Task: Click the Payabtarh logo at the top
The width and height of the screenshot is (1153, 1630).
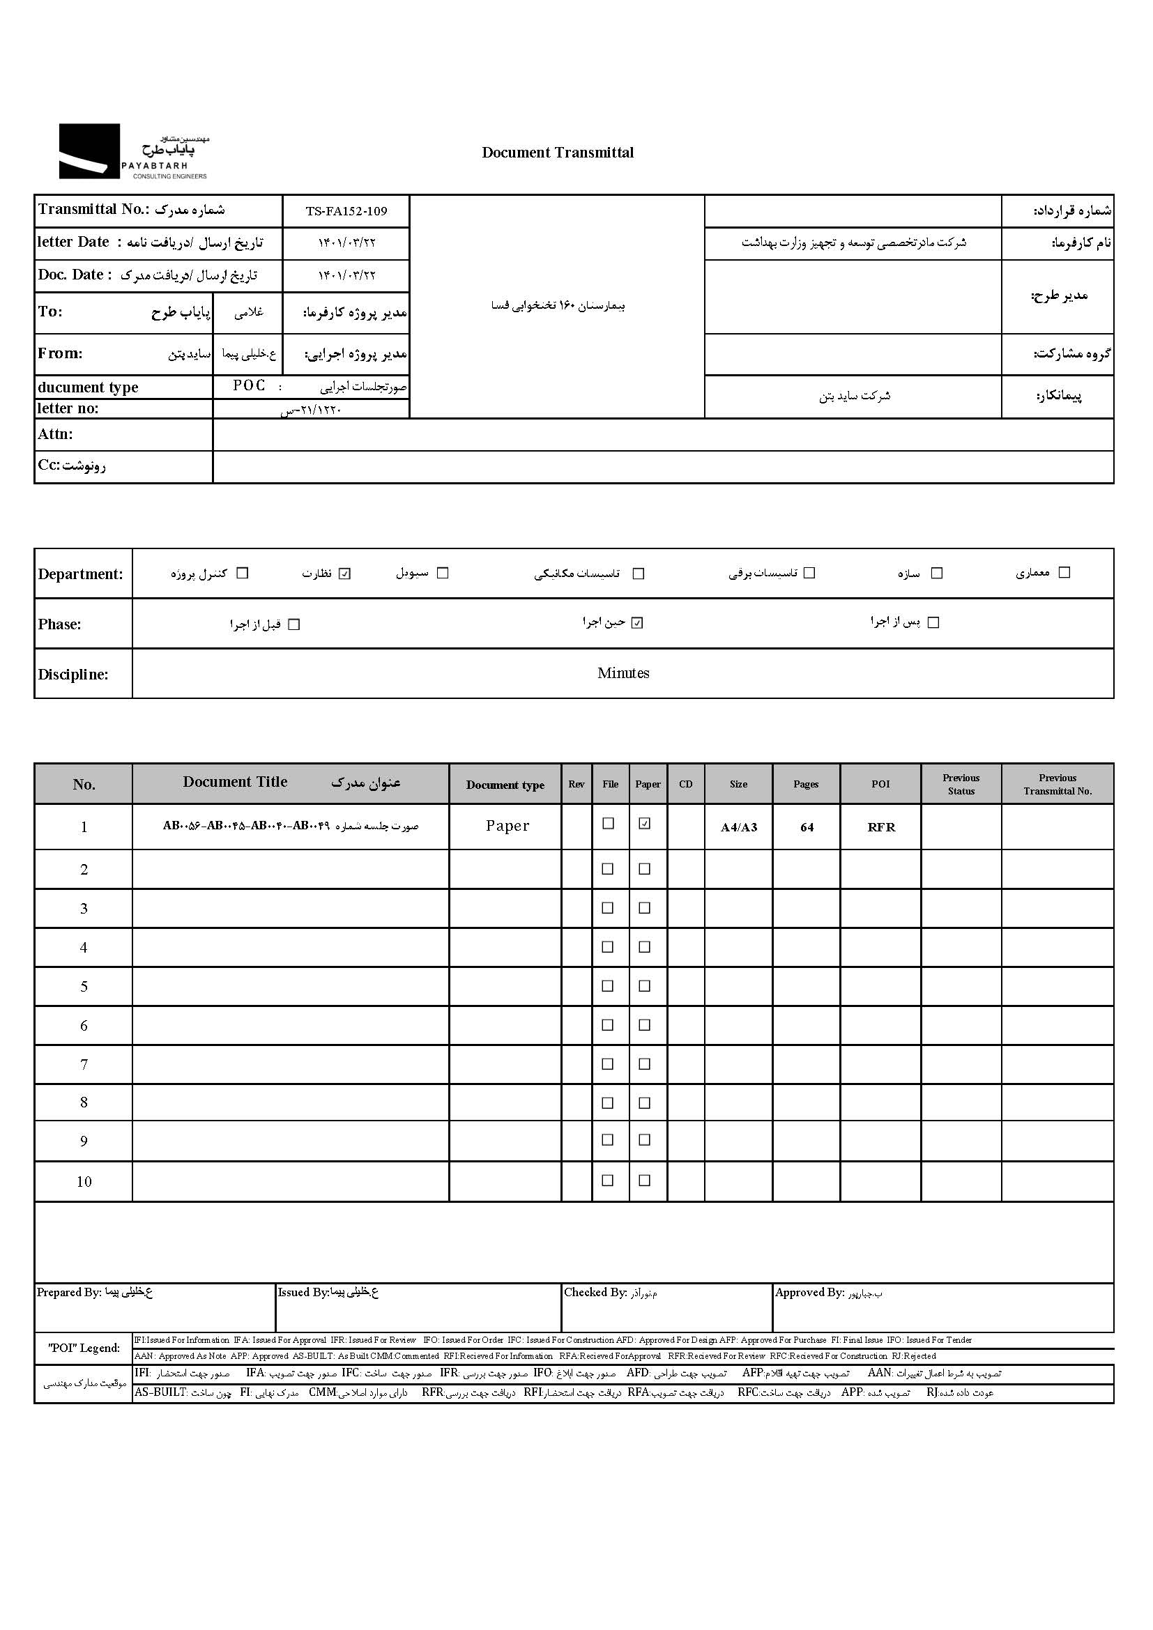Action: pyautogui.click(x=132, y=151)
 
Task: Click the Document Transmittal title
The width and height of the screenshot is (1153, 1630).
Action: pyautogui.click(x=558, y=153)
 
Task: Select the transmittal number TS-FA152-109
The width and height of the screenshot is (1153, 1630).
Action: pyautogui.click(x=346, y=211)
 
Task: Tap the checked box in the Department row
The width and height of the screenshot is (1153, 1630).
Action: pyautogui.click(x=345, y=574)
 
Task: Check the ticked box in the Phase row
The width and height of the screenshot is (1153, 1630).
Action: pyautogui.click(x=638, y=623)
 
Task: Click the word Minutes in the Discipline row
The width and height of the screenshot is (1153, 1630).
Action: pyautogui.click(x=623, y=673)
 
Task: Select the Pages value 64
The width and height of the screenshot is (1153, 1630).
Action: pyautogui.click(x=807, y=827)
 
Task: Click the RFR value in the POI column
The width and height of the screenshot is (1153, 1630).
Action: pyautogui.click(x=881, y=827)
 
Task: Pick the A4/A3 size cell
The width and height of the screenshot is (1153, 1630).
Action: pyautogui.click(x=738, y=827)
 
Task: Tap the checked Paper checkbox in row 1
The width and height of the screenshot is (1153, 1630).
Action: pyautogui.click(x=645, y=824)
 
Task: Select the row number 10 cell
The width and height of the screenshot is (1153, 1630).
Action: pyautogui.click(x=84, y=1182)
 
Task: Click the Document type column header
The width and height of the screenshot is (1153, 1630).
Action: pyautogui.click(x=505, y=785)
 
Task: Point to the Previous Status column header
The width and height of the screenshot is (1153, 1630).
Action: pyautogui.click(x=961, y=785)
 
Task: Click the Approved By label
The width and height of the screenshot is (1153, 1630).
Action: pyautogui.click(x=809, y=1293)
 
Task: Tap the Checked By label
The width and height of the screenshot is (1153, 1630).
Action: pyautogui.click(x=595, y=1293)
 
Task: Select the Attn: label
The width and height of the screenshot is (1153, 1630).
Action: pyautogui.click(x=55, y=434)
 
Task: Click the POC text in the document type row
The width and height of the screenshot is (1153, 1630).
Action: pyautogui.click(x=249, y=385)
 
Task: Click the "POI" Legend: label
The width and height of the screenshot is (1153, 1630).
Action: pyautogui.click(x=84, y=1348)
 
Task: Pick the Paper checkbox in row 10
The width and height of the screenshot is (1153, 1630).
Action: pyautogui.click(x=645, y=1181)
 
